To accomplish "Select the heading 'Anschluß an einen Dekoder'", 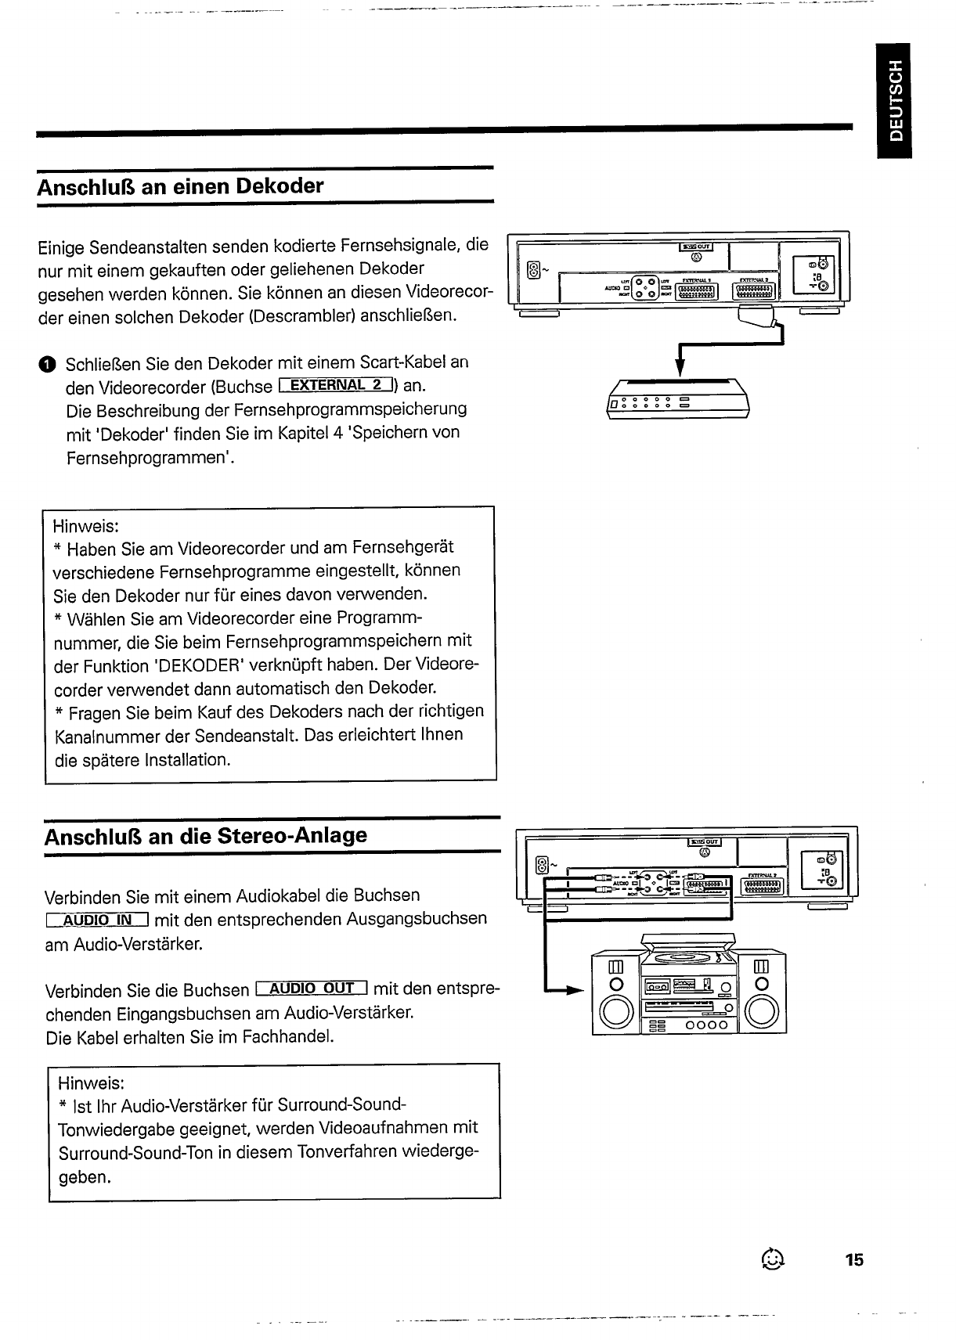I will (180, 186).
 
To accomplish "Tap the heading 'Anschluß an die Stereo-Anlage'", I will (205, 835).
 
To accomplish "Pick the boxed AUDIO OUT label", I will (312, 989).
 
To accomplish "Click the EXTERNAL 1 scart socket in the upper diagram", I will (697, 292).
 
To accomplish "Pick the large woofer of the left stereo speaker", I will (613, 1016).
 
